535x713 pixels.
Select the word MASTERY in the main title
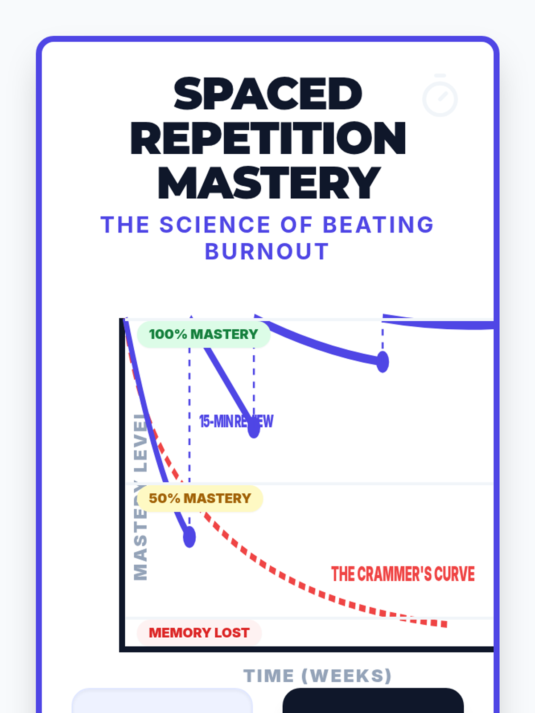(269, 183)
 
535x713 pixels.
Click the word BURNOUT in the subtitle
(267, 252)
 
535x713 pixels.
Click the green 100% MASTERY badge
(203, 334)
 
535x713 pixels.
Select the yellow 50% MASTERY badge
(200, 498)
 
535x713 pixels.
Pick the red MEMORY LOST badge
(199, 633)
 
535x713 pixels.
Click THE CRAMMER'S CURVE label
(403, 574)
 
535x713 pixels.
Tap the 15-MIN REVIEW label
(236, 421)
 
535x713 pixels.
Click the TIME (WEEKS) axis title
(317, 676)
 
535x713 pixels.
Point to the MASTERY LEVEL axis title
(140, 497)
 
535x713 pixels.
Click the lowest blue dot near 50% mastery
(189, 537)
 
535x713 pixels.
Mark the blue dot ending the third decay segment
(383, 361)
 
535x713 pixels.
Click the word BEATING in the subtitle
(378, 225)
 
